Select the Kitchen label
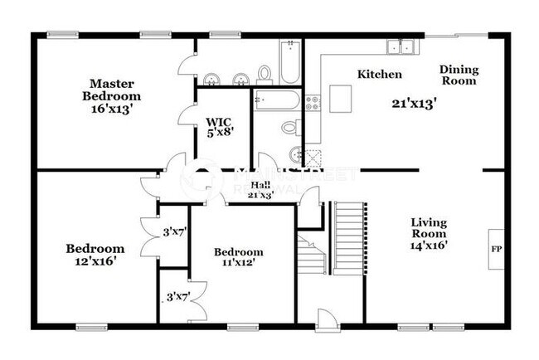(380, 75)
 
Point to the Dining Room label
(458, 75)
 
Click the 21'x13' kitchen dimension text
(414, 104)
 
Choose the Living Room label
(429, 228)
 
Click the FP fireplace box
(497, 248)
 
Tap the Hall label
(261, 184)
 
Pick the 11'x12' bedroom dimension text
(239, 263)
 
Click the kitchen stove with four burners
(314, 103)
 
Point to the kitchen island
(341, 98)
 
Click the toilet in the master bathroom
(265, 75)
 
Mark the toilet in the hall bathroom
(290, 127)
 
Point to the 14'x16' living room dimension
(429, 246)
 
